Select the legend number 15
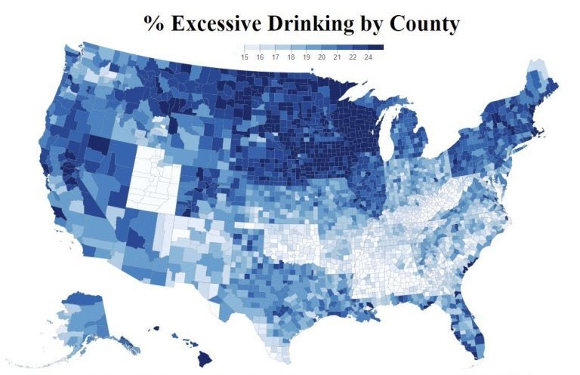point(245,57)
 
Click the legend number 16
point(261,57)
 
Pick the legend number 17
point(276,57)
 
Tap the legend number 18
point(292,57)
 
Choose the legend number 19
point(307,57)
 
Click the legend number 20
point(322,57)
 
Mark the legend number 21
point(338,57)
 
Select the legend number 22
point(353,57)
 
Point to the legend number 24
point(369,57)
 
